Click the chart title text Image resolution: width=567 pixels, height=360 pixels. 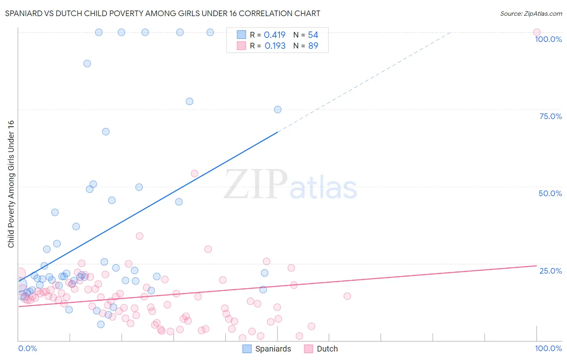tap(163, 13)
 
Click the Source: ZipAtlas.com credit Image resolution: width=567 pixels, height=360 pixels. tap(531, 13)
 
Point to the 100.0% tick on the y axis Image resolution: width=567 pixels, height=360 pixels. tap(548, 39)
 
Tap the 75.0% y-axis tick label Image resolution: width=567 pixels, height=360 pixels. tap(550, 116)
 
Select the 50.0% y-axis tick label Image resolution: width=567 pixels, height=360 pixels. tap(550, 193)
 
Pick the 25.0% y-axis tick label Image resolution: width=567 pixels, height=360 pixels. tap(550, 271)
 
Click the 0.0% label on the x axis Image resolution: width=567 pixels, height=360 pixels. tap(27, 348)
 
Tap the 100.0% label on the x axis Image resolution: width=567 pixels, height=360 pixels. tap(548, 348)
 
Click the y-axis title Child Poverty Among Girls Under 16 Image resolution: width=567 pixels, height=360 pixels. tap(11, 184)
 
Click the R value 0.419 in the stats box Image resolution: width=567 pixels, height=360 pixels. tap(275, 35)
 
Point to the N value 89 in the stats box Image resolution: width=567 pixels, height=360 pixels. tap(313, 46)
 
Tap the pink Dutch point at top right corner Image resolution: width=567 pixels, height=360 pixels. tap(536, 32)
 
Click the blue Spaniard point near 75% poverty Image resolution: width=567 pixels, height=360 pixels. tap(277, 109)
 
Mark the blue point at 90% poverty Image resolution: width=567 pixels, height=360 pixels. tap(87, 63)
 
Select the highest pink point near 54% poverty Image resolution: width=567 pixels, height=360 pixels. tap(194, 174)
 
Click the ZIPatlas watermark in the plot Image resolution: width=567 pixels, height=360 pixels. tap(290, 184)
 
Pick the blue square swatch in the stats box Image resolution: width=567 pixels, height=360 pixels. tap(241, 35)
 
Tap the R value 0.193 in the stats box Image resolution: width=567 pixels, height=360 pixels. tap(275, 46)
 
